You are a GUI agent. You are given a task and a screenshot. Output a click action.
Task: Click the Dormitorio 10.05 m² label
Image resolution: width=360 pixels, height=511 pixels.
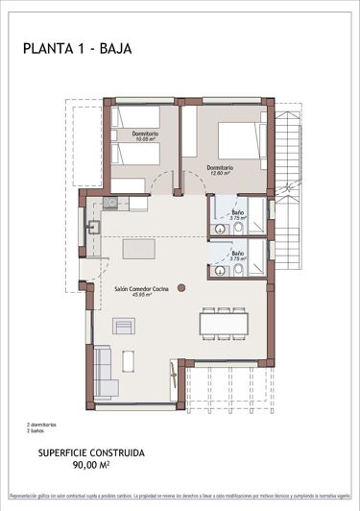pos(145,136)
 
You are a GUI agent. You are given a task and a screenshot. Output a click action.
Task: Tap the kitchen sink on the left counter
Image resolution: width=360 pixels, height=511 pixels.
pos(94,228)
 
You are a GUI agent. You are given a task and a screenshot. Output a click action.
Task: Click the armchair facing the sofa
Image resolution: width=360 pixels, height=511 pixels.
pos(124,327)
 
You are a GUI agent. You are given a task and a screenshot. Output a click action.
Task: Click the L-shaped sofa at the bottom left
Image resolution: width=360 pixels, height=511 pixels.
pos(104,372)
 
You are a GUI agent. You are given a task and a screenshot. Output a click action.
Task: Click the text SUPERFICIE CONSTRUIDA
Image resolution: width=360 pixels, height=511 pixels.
pos(91,451)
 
